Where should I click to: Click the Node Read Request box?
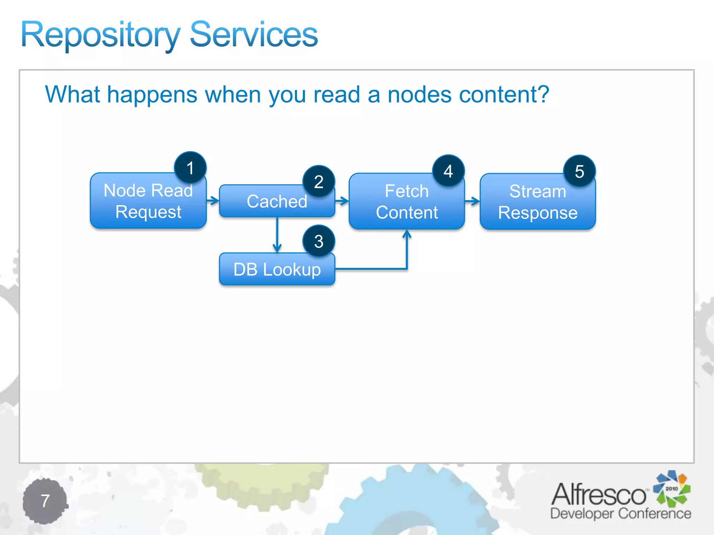tap(148, 201)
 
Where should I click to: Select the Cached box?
tap(272, 201)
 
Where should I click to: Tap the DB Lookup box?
tap(277, 269)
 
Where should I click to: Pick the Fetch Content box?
tap(407, 202)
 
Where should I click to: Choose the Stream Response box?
tap(537, 202)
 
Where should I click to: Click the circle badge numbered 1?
tap(190, 168)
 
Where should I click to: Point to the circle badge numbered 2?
tap(319, 181)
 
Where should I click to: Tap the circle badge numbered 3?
tap(319, 241)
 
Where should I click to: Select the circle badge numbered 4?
tap(448, 171)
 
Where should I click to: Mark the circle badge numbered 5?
tap(579, 171)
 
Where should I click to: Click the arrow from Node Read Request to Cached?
tap(213, 201)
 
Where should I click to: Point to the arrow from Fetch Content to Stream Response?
tap(472, 201)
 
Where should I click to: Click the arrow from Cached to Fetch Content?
tap(342, 201)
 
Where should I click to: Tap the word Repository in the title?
tap(100, 35)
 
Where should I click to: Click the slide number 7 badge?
tap(45, 501)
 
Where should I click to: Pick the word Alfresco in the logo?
tap(598, 494)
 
